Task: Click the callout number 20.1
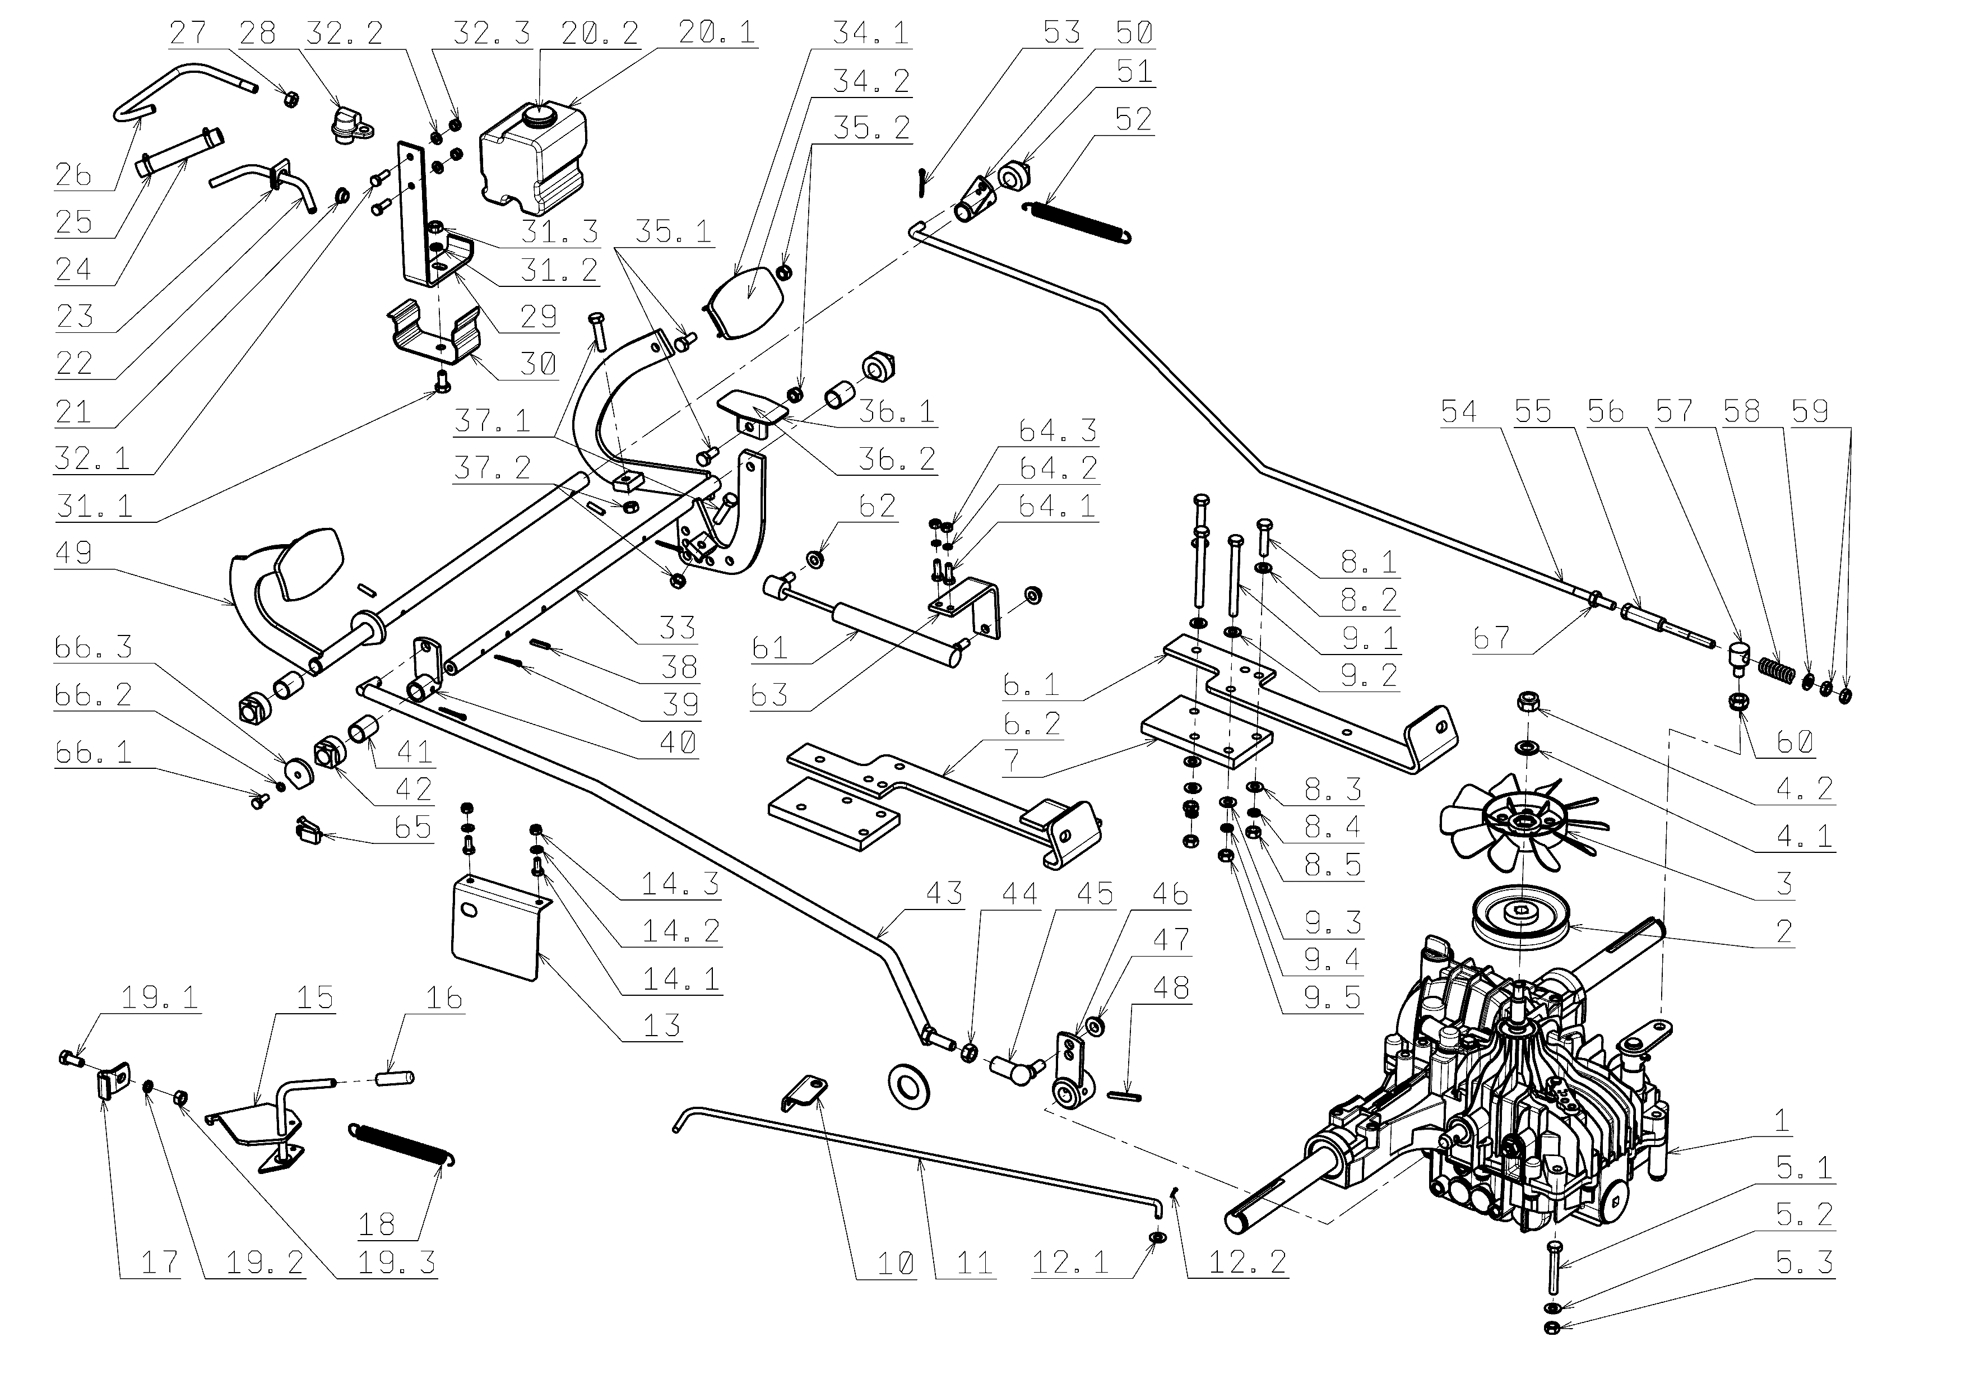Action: click(716, 33)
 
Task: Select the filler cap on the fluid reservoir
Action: click(540, 112)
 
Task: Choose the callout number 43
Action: click(944, 893)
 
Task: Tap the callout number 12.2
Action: click(1247, 1261)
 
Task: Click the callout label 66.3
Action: click(94, 647)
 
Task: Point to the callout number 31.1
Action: click(94, 505)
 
